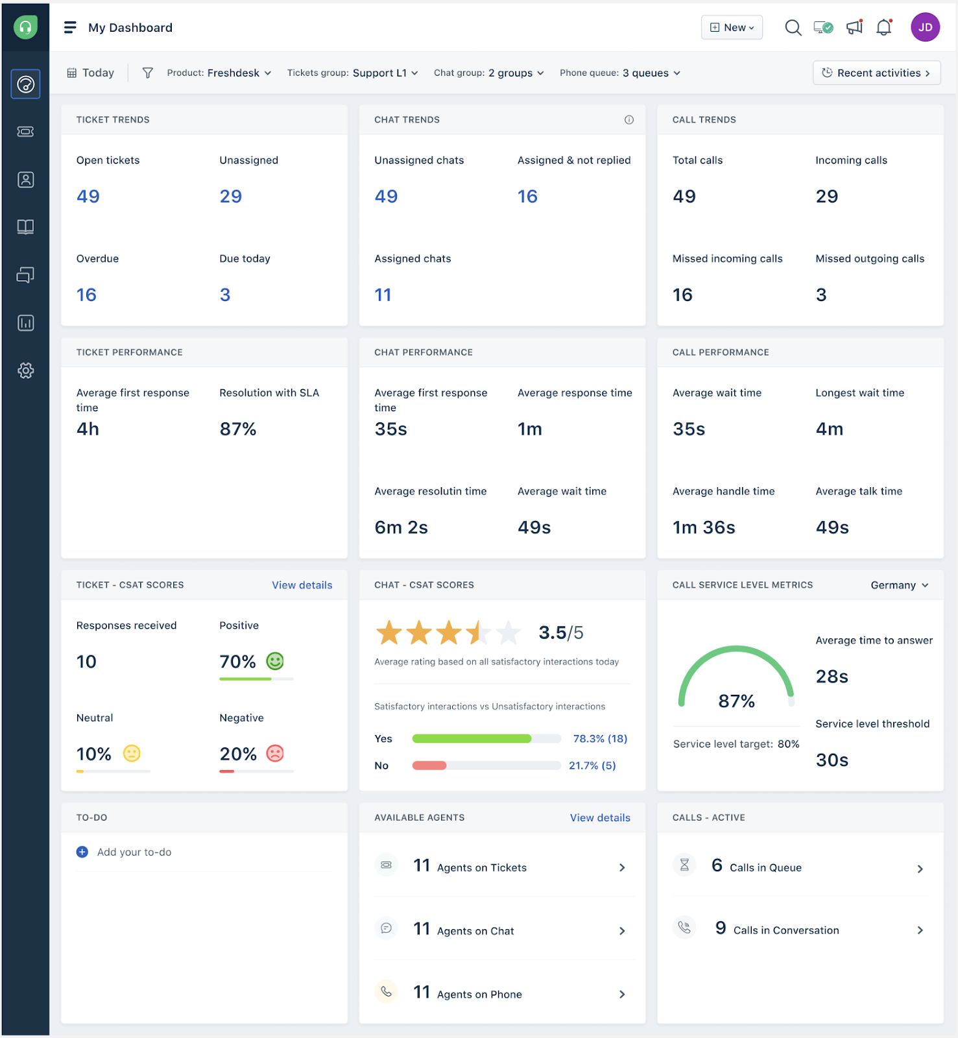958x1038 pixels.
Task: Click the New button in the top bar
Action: click(732, 27)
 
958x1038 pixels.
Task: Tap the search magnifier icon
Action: click(793, 27)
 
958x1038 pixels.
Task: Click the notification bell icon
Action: click(883, 27)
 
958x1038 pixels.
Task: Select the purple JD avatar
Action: click(925, 27)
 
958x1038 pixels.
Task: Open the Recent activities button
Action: click(876, 73)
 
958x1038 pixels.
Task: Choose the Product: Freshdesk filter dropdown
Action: click(219, 73)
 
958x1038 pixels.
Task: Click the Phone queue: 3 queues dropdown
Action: click(619, 73)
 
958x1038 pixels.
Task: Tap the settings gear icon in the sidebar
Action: click(25, 370)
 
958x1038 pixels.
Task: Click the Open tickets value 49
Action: click(88, 196)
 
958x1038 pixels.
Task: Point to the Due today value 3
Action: click(225, 295)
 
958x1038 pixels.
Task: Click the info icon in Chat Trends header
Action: click(629, 119)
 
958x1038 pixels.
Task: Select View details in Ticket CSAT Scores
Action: click(302, 585)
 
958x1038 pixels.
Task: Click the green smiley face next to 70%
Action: click(275, 661)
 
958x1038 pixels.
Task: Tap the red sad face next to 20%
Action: click(275, 753)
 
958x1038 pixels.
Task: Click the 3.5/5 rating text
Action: click(560, 633)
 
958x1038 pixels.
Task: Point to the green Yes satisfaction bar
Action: click(472, 738)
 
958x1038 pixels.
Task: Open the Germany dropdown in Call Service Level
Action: click(899, 585)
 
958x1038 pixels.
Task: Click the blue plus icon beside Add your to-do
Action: click(82, 852)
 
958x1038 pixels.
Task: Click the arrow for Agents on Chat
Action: click(622, 931)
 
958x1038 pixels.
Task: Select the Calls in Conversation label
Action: click(786, 930)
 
